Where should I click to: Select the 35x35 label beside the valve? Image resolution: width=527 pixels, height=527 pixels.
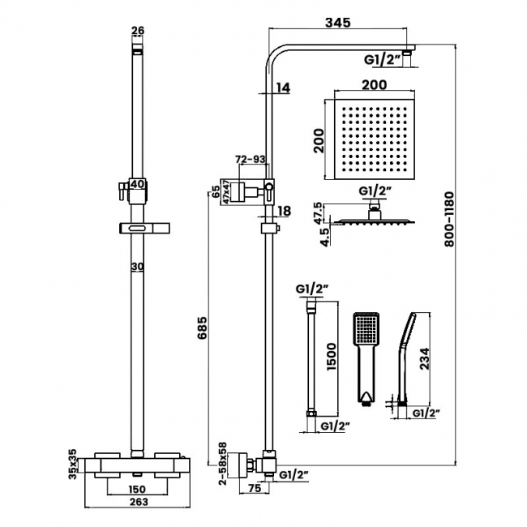[72, 463]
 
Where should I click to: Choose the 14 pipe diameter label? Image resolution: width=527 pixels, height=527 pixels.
[282, 88]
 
